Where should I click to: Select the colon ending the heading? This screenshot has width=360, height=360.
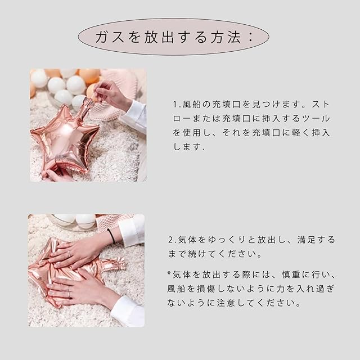pyautogui.click(x=251, y=37)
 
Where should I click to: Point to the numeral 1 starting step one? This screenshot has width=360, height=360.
pyautogui.click(x=175, y=105)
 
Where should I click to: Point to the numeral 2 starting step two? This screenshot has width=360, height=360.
pyautogui.click(x=171, y=240)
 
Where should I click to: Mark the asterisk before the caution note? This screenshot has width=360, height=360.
pyautogui.click(x=169, y=273)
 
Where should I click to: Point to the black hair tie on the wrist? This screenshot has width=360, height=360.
pyautogui.click(x=111, y=236)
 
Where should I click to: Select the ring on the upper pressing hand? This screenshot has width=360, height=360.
pyautogui.click(x=69, y=254)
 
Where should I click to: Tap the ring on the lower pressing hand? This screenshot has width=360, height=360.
pyautogui.click(x=69, y=293)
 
